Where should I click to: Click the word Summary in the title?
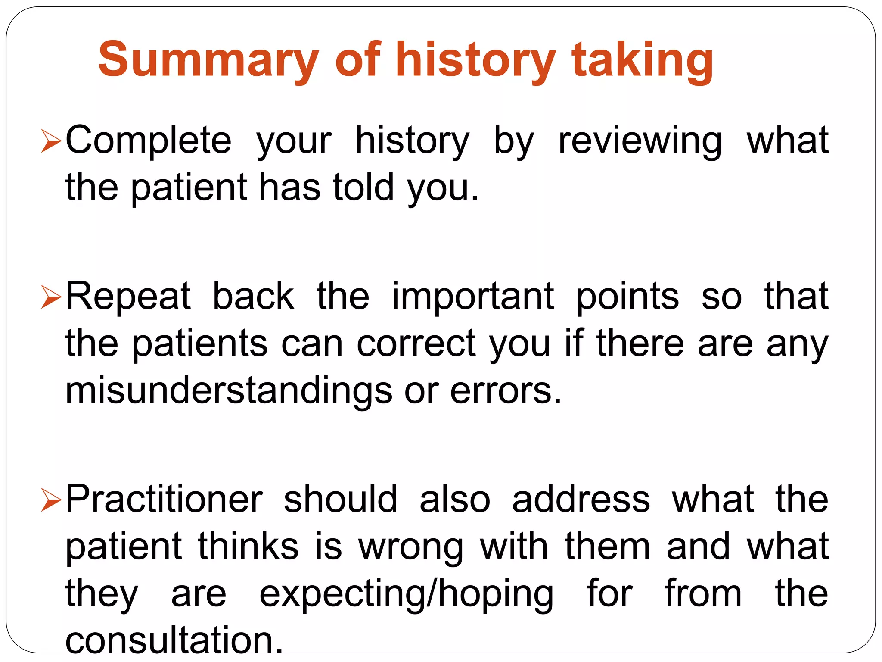(x=208, y=59)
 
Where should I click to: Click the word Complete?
(x=149, y=140)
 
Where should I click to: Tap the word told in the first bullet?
(x=363, y=187)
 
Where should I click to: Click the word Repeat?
(x=128, y=296)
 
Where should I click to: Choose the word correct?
(x=416, y=343)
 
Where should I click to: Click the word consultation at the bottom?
(x=174, y=640)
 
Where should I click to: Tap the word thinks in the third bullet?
(x=248, y=546)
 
